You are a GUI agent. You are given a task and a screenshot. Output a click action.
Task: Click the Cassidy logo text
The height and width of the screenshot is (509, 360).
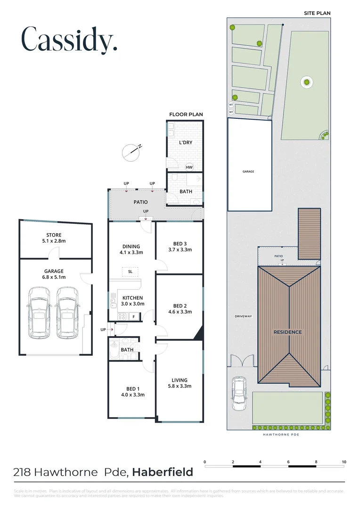69,40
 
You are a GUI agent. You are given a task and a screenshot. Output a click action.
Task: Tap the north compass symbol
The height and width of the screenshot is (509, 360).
131,151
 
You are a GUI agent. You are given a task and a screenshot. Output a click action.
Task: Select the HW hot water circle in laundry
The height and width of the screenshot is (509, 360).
189,167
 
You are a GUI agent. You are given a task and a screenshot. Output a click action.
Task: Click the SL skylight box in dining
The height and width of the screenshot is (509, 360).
130,271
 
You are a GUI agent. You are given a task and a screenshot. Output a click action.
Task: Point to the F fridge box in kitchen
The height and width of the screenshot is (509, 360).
134,316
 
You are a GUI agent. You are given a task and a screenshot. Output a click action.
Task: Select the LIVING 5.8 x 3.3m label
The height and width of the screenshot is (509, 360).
179,383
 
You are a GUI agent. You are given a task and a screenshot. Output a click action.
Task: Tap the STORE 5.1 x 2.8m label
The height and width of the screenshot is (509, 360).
54,238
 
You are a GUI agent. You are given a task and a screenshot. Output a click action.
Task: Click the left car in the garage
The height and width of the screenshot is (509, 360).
39,313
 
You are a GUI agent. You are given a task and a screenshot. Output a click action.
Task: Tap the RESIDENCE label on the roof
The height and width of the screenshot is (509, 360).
287,332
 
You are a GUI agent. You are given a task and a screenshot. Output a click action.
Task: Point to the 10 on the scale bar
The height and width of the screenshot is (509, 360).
344,462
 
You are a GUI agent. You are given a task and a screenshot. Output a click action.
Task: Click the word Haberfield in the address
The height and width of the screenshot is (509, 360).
163,472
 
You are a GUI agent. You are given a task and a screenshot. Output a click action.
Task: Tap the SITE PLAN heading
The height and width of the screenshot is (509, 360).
317,14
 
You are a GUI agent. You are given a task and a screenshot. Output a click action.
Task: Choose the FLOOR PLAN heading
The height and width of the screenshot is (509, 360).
186,115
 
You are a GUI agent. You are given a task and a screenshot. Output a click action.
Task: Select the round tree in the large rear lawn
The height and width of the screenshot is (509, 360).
306,82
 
